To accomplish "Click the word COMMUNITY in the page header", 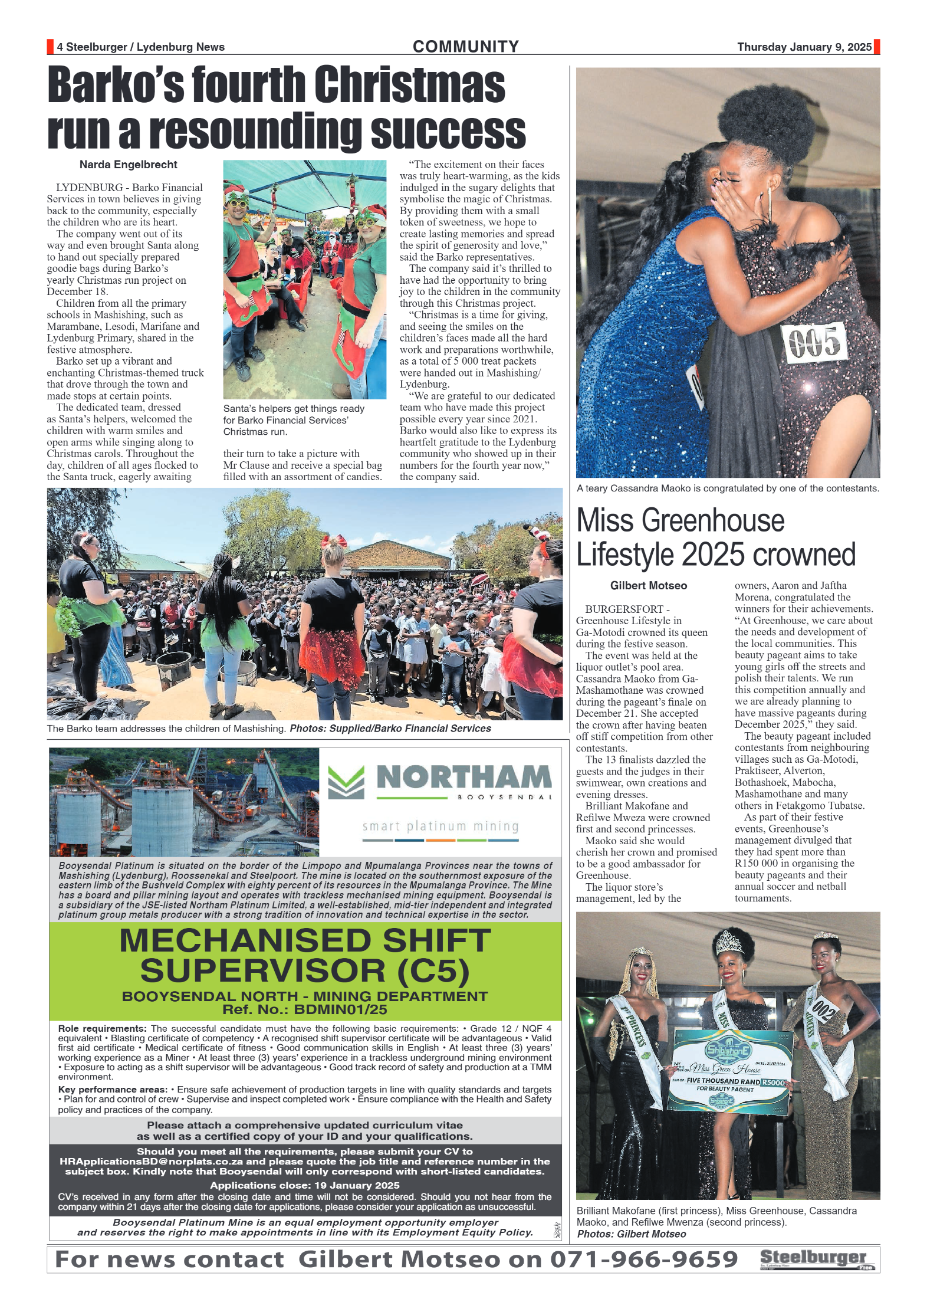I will tap(465, 47).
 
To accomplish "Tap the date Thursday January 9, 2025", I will tap(804, 47).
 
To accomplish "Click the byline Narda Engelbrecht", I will tap(128, 165).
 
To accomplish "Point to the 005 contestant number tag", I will tap(814, 342).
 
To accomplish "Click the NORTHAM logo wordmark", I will tap(464, 778).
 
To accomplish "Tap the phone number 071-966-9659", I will tap(644, 1259).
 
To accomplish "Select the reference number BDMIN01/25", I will tap(340, 1010).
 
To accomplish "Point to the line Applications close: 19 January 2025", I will tap(304, 1185).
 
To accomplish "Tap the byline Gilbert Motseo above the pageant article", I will tap(648, 586).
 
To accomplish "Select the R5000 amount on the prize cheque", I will tap(774, 1083).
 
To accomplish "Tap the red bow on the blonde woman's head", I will tap(334, 541).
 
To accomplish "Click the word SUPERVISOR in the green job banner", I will tap(262, 971).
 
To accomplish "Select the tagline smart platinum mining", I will tap(441, 826).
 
